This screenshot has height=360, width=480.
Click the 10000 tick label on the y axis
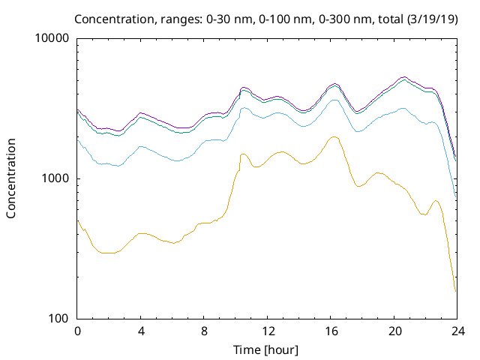tap(53, 38)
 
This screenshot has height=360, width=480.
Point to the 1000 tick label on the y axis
tap(56, 178)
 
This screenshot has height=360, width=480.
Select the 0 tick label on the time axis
tap(77, 331)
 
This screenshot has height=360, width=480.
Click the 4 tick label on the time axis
tap(141, 331)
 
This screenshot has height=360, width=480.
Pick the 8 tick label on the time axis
tap(204, 331)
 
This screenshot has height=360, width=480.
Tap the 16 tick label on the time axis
tap(330, 331)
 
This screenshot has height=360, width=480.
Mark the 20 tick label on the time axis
tap(394, 331)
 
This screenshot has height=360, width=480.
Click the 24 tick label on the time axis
tap(457, 331)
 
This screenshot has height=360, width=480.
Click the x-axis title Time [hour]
tap(267, 349)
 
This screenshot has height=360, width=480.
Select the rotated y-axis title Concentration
tap(11, 178)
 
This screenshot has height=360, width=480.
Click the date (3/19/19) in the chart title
tap(430, 18)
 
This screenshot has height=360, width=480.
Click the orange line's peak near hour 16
tap(334, 136)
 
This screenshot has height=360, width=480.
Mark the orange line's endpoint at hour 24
tap(456, 291)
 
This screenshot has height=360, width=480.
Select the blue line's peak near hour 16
tap(335, 99)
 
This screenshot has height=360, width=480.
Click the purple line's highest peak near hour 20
tap(404, 76)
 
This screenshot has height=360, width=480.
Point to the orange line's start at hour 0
tap(78, 220)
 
